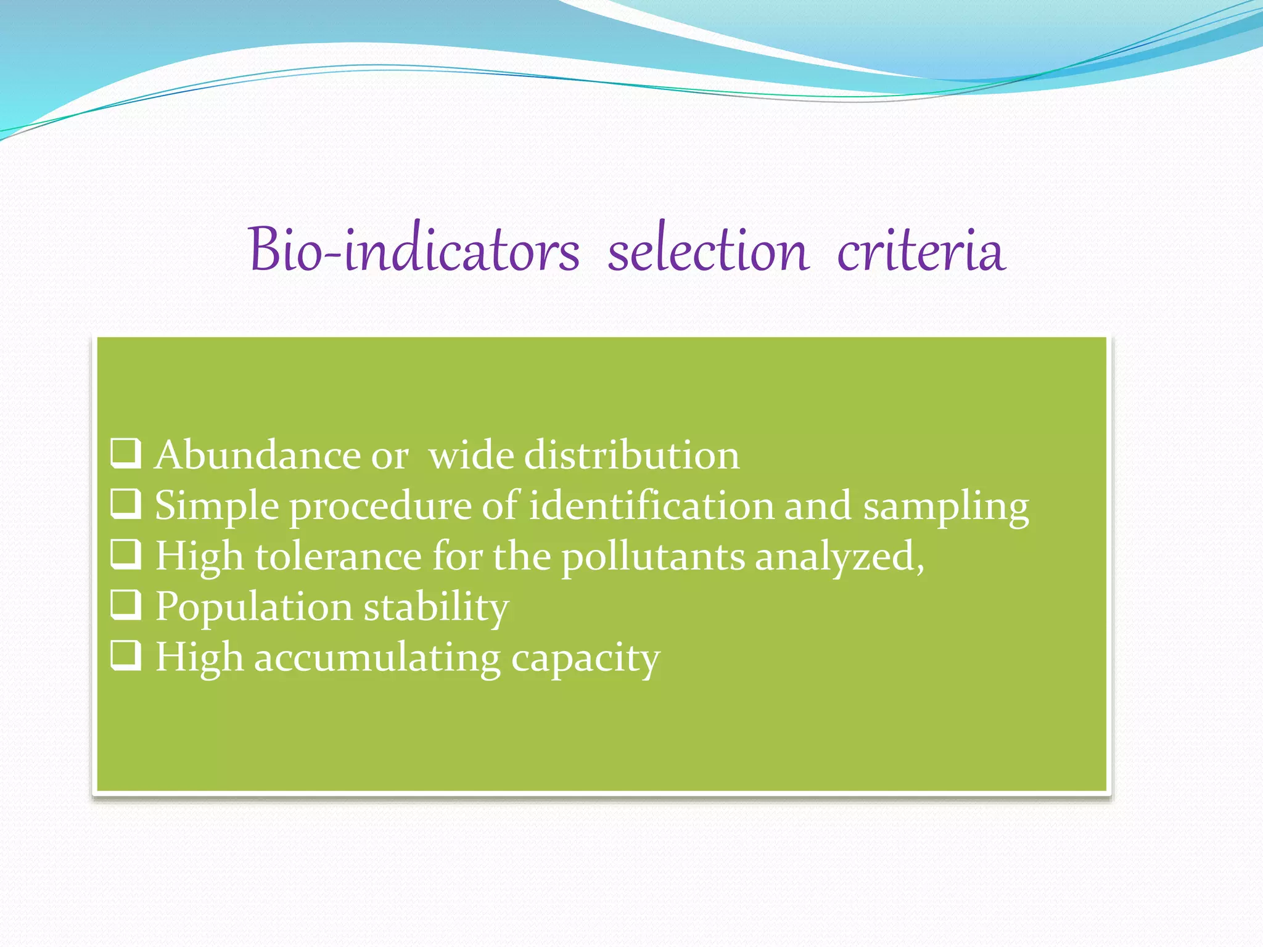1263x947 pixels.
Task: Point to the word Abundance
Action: pyautogui.click(x=257, y=455)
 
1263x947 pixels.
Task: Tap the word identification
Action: pyautogui.click(x=651, y=506)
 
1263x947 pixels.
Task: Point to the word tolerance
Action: pyautogui.click(x=338, y=556)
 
